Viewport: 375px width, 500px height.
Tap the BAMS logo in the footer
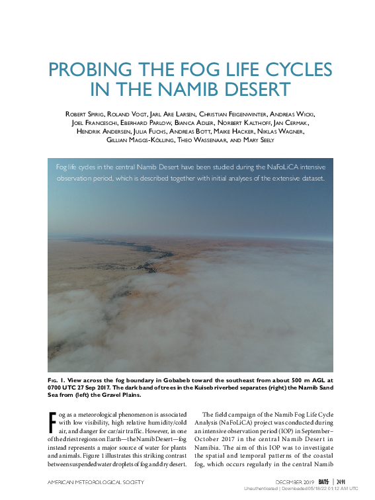pyautogui.click(x=323, y=481)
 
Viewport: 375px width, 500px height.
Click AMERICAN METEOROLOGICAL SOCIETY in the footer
pyautogui.click(x=94, y=482)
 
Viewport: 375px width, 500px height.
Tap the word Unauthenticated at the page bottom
pyautogui.click(x=261, y=489)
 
